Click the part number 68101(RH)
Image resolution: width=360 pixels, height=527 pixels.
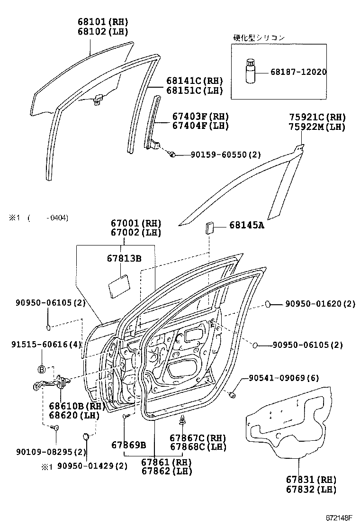103,22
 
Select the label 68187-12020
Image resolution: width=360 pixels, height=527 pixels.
298,72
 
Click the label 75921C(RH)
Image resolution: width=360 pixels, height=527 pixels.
317,117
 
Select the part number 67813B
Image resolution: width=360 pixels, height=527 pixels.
124,258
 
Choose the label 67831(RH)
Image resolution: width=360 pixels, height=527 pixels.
311,480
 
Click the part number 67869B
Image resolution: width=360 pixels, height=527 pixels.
129,445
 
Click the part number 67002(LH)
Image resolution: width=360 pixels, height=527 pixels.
136,233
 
